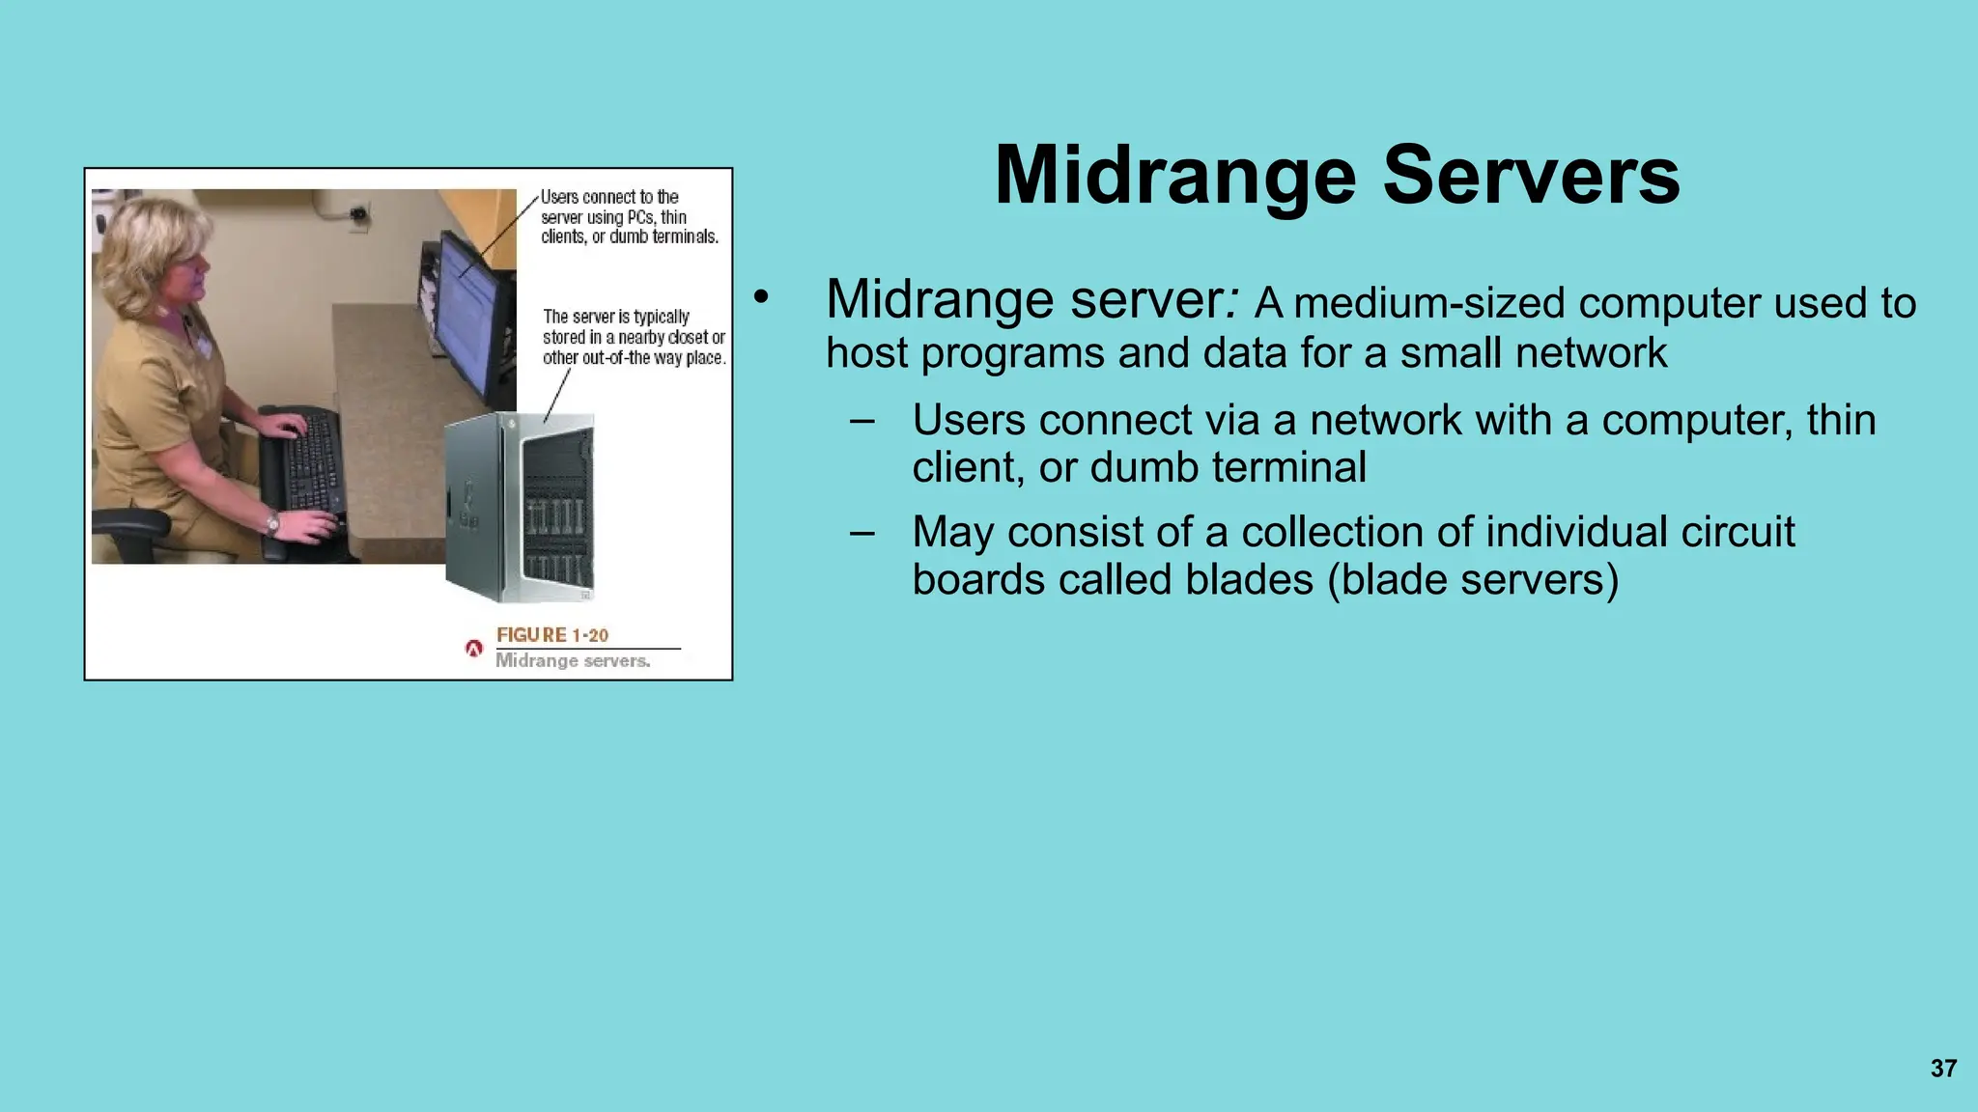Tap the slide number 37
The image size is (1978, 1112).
1943,1069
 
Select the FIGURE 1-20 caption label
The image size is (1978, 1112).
552,635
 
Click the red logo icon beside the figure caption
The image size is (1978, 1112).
473,649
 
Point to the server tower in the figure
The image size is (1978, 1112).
520,507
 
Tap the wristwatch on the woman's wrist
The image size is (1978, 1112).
273,524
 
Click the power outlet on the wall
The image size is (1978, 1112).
358,212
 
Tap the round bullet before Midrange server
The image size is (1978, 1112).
761,298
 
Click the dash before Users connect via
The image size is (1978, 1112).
862,421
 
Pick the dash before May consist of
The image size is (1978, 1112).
862,533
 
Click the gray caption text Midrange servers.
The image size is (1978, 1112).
573,661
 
